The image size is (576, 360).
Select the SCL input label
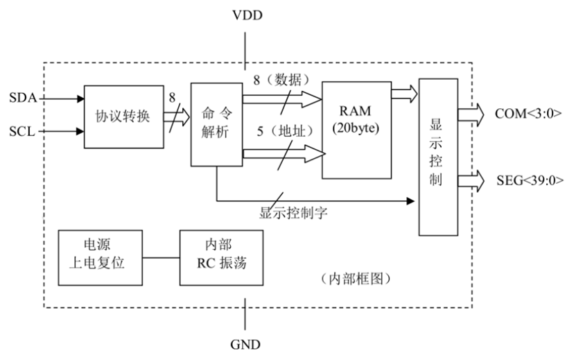21,130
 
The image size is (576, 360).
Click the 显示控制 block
439,157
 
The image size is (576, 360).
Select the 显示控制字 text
293,213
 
